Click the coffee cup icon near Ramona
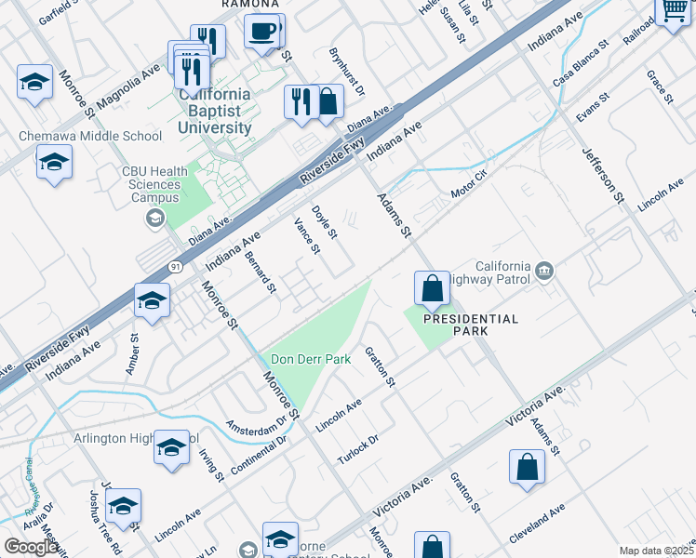[x=263, y=30]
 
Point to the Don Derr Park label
[x=310, y=359]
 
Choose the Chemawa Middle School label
[x=90, y=136]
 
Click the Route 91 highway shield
[x=175, y=267]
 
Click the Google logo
[x=32, y=547]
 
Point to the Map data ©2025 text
[x=655, y=551]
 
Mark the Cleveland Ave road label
[x=538, y=523]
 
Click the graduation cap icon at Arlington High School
[x=171, y=448]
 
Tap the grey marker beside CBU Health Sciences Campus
[x=154, y=218]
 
